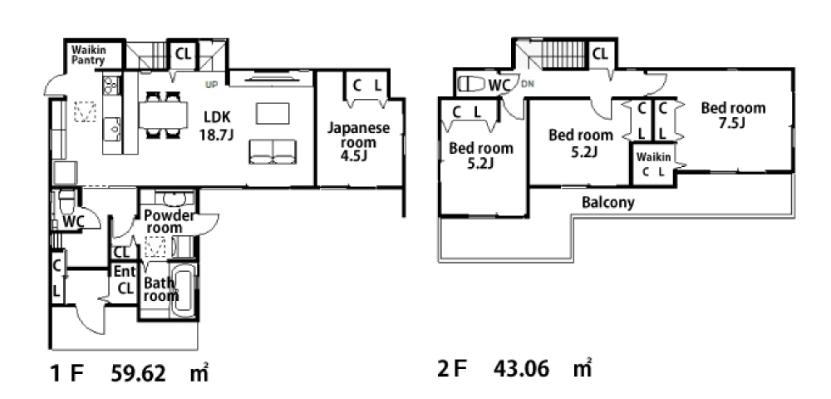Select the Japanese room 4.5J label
point(358,141)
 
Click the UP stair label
point(212,85)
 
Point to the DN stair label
point(528,84)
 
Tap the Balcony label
point(608,202)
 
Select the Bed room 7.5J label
point(732,115)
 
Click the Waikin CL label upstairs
point(653,165)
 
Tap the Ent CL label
point(125,280)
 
